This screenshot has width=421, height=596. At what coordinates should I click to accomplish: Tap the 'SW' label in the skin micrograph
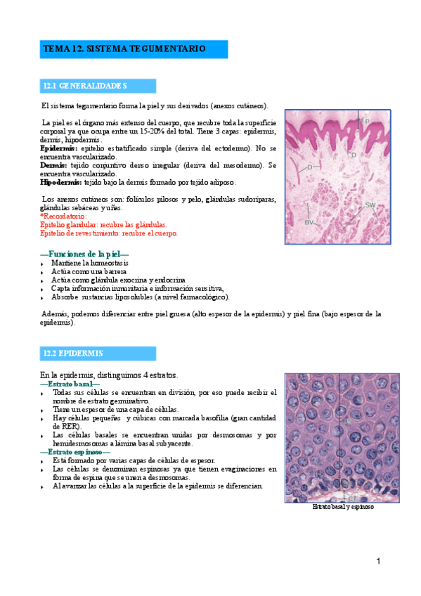370,205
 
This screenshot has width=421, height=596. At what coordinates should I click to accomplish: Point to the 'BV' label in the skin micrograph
309,222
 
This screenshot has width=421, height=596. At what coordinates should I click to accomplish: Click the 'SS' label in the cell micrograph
346,420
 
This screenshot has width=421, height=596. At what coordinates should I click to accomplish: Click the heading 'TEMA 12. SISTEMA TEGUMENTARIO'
124,49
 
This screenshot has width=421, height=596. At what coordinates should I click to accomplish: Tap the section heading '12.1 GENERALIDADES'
84,86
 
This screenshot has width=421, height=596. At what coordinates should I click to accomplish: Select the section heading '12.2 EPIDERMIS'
73,353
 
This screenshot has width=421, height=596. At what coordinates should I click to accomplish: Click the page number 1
378,561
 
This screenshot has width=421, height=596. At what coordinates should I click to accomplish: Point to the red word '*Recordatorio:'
63,217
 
